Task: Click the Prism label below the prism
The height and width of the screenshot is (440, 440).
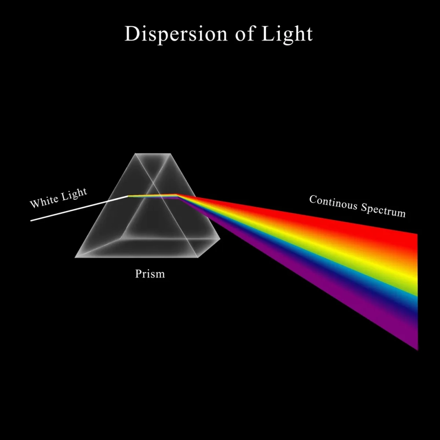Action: [150, 274]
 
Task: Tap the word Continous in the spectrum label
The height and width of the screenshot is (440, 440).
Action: [333, 203]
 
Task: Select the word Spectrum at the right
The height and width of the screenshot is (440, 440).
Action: [383, 210]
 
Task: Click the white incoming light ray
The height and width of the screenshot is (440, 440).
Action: [79, 208]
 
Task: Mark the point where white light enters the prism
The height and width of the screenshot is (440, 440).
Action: [128, 196]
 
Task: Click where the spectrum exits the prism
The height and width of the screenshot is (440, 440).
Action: [178, 195]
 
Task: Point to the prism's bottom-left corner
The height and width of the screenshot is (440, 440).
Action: [76, 257]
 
